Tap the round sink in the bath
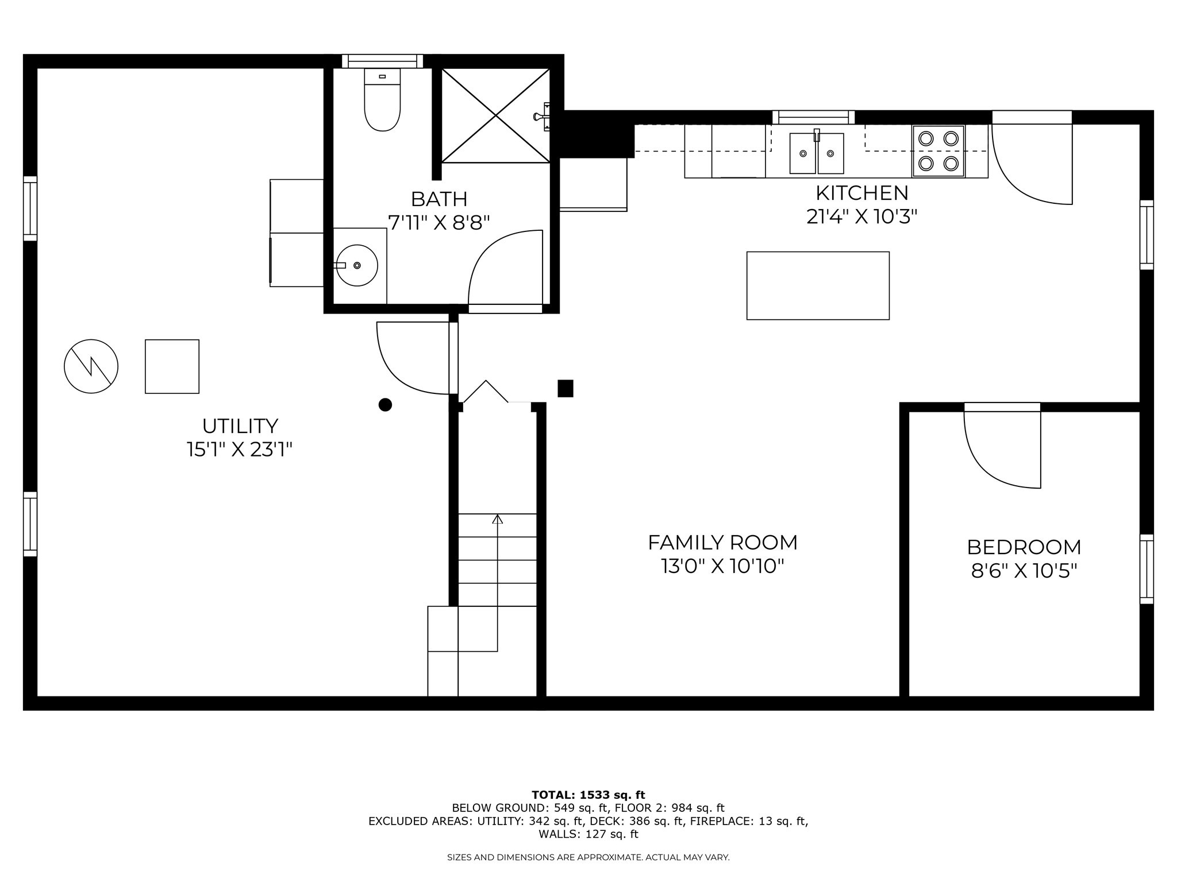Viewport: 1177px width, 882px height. tap(357, 265)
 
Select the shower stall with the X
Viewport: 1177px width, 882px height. tap(495, 115)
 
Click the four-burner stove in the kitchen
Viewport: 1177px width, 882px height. tap(938, 151)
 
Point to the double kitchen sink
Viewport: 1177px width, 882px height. tap(817, 153)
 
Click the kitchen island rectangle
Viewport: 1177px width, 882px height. tap(818, 285)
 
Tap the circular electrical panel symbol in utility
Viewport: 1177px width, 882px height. tap(91, 366)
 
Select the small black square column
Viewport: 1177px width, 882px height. tap(566, 389)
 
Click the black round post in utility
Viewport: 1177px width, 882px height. tap(385, 405)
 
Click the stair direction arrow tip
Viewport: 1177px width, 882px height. tap(498, 518)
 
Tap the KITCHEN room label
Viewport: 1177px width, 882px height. tap(861, 193)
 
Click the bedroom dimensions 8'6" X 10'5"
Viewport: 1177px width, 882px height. tap(1024, 571)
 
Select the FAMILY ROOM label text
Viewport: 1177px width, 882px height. tap(722, 543)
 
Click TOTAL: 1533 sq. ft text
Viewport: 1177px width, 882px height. tap(588, 795)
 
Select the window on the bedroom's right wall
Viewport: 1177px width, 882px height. tap(1147, 569)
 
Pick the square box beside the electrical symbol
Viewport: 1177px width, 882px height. tap(172, 366)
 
